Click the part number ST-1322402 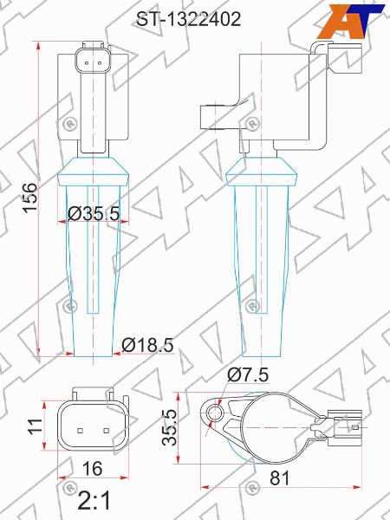click(189, 20)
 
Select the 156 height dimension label click(30, 198)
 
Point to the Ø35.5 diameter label click(94, 213)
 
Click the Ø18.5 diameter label click(147, 345)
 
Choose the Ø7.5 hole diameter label click(248, 375)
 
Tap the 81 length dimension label click(280, 478)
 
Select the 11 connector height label click(36, 425)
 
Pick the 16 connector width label click(93, 469)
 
